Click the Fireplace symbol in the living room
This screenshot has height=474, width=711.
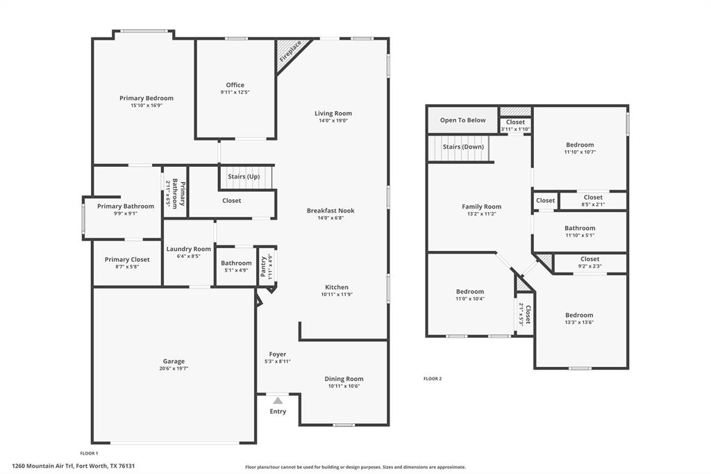point(290,54)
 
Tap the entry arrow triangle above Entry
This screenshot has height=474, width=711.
point(278,400)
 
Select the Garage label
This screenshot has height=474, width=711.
point(174,361)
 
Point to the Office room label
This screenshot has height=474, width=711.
point(235,85)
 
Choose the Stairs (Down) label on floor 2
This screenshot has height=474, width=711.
point(463,147)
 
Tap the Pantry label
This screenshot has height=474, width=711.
point(264,267)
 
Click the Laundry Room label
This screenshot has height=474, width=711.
point(188,249)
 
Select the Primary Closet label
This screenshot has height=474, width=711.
point(127,259)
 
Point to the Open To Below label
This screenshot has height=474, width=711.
point(462,120)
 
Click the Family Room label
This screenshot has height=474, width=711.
point(481,206)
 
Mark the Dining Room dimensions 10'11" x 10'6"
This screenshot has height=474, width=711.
point(344,386)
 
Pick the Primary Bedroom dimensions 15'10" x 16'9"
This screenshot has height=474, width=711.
point(146,106)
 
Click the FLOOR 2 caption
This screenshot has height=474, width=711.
point(433,379)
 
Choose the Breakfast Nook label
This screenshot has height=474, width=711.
point(331,211)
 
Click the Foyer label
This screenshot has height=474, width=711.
point(278,354)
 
